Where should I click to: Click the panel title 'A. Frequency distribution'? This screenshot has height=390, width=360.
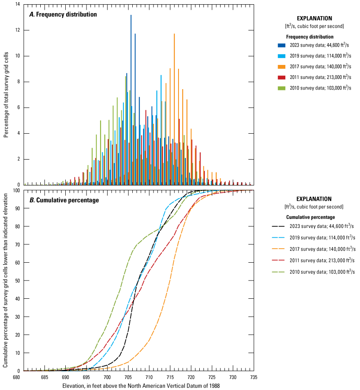[x=63, y=14]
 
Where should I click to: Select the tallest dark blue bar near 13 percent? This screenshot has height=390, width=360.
[x=131, y=85]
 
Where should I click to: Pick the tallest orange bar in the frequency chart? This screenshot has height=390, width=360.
[x=174, y=106]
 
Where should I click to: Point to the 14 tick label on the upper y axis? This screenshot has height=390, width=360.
[x=17, y=4]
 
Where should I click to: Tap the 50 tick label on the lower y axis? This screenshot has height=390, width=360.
[x=17, y=281]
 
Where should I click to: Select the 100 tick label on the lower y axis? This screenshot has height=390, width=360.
[x=16, y=191]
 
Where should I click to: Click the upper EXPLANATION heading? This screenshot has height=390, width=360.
[x=314, y=18]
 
